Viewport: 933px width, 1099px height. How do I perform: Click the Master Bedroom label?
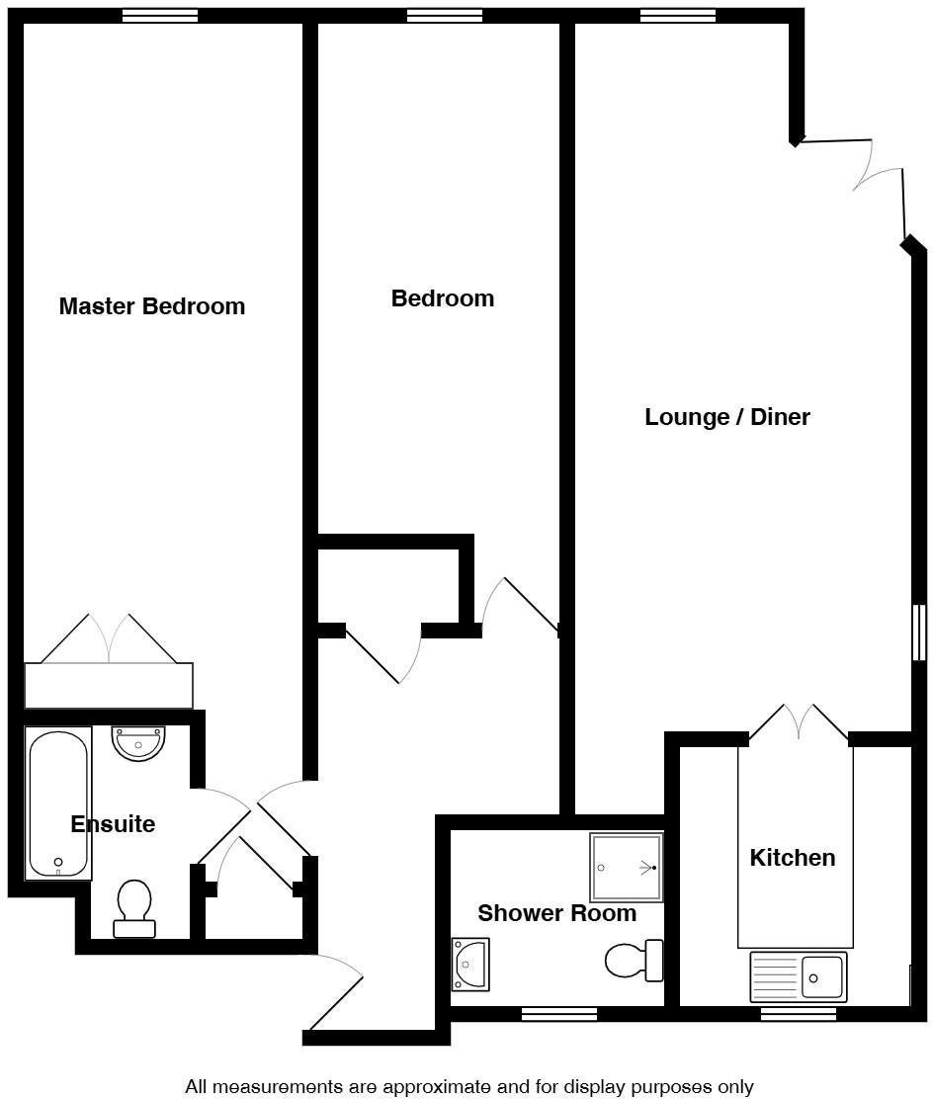pos(151,306)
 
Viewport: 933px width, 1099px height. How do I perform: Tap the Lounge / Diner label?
pos(726,417)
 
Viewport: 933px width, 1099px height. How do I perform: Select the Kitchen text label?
pos(792,858)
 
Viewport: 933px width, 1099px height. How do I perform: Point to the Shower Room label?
pos(556,913)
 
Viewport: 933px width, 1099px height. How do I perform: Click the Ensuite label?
pos(113,824)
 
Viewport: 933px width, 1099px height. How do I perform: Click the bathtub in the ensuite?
pos(59,803)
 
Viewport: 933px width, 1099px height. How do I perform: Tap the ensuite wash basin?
pos(138,742)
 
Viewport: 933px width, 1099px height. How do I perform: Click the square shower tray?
pos(626,867)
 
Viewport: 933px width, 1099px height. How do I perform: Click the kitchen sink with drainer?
pos(799,976)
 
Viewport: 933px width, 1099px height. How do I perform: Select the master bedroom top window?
pos(159,15)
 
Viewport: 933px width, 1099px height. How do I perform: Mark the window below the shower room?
pos(558,1013)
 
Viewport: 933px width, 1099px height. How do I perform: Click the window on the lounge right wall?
pos(919,633)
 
